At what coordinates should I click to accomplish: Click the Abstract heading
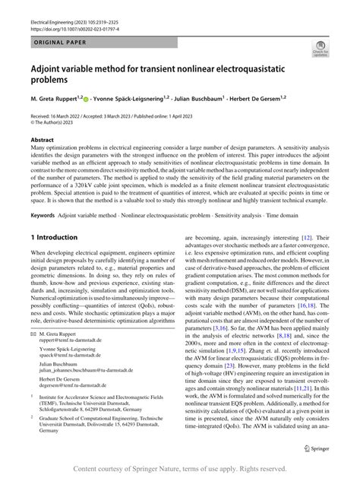tap(42, 141)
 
